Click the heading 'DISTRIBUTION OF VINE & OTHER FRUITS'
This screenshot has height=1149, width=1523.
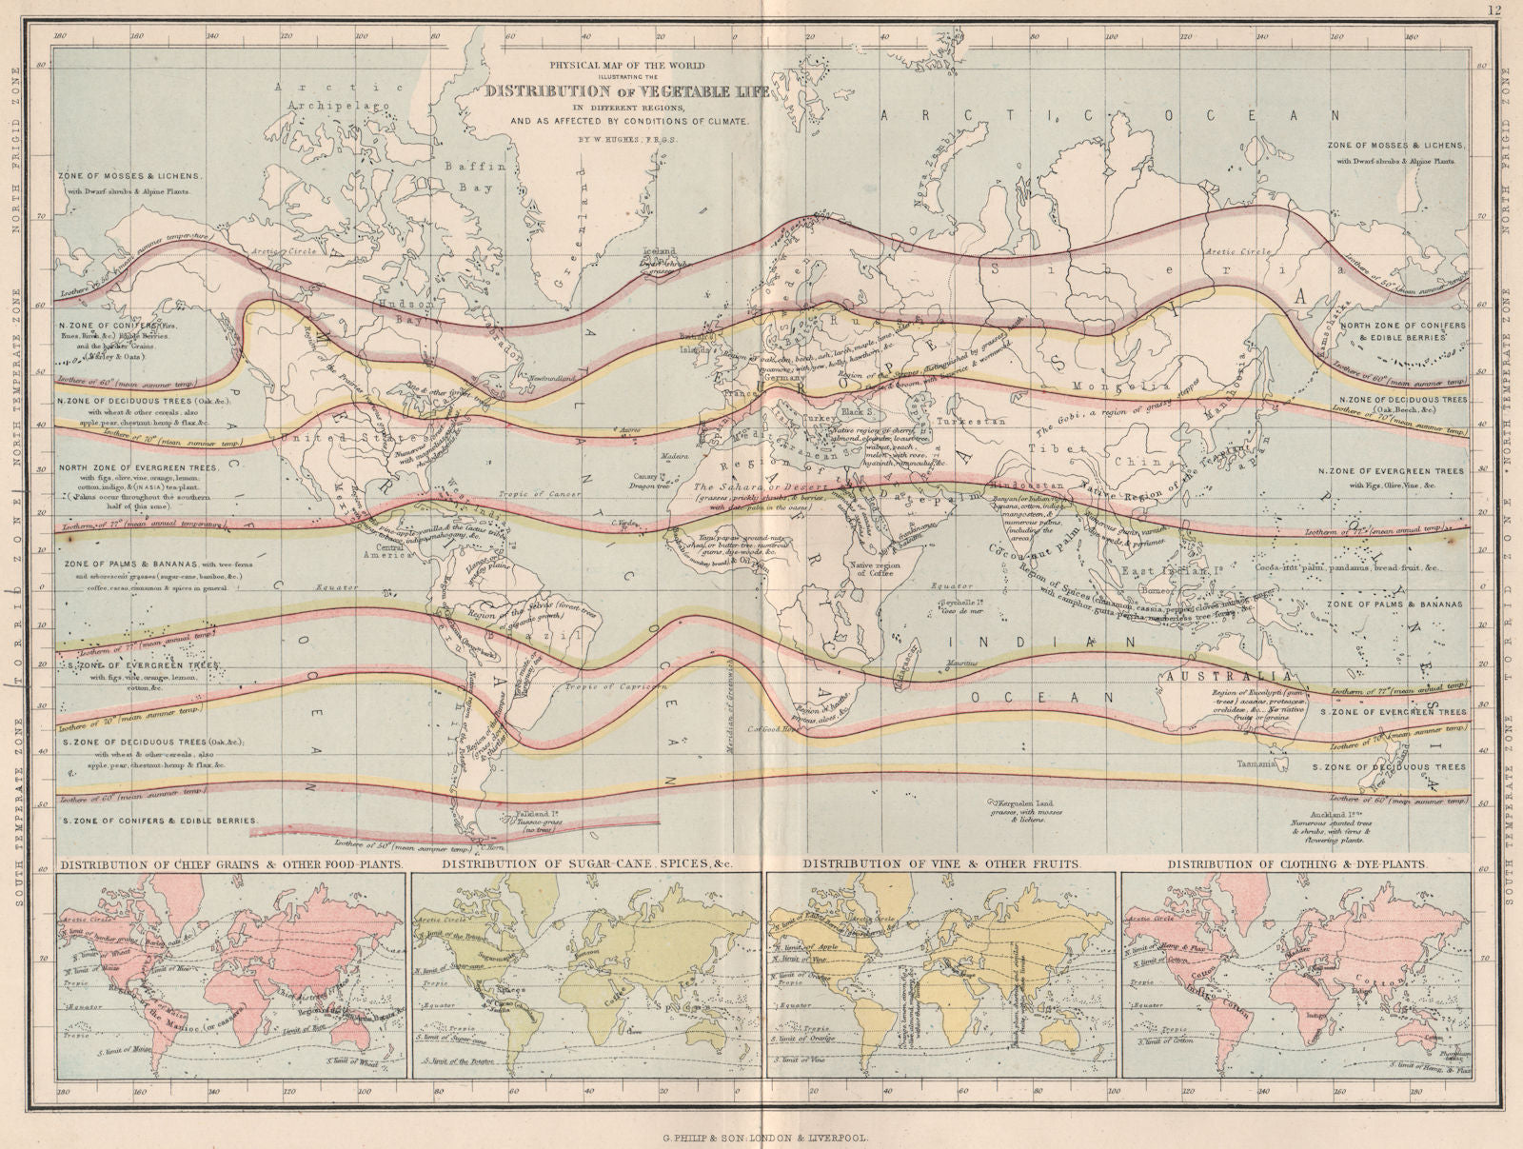(941, 864)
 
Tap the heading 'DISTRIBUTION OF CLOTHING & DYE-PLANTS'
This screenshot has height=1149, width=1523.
(1297, 864)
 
